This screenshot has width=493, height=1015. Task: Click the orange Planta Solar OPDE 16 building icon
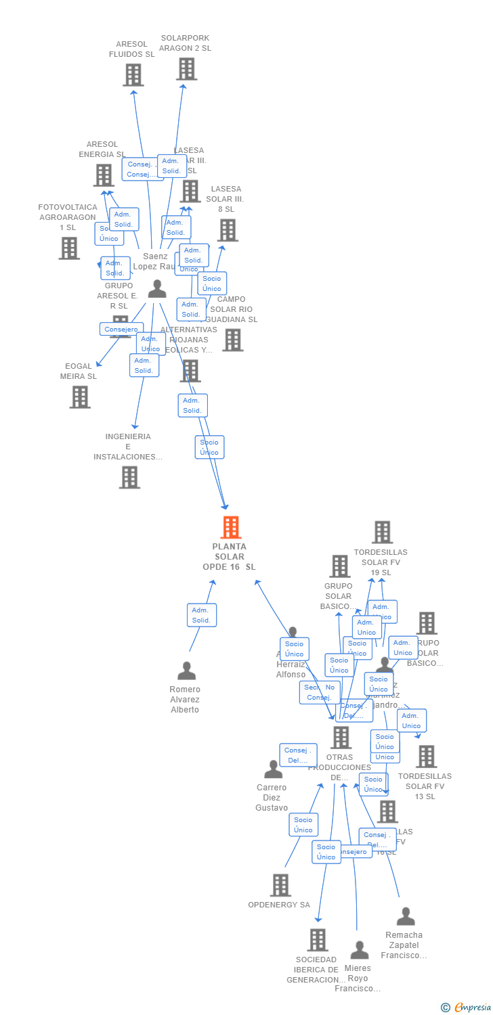[231, 527]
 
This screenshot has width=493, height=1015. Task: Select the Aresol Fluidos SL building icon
[133, 74]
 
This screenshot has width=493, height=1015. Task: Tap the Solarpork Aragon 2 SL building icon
[186, 68]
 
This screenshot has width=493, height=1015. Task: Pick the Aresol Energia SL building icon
[104, 175]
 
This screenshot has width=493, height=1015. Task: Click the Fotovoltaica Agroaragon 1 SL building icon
[69, 248]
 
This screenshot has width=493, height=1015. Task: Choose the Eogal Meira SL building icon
[80, 397]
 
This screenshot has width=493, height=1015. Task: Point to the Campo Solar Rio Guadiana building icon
[232, 340]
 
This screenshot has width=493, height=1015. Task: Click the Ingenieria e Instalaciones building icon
[129, 477]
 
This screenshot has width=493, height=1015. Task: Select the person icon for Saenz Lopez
[157, 289]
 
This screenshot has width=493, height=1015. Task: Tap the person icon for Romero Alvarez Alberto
[186, 671]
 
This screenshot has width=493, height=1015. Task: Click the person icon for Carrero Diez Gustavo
[273, 769]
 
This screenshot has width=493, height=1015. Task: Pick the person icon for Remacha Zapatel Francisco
[406, 916]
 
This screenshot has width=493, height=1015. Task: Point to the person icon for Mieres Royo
[360, 950]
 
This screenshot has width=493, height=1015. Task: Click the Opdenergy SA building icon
[280, 885]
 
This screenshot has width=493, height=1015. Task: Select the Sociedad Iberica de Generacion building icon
[318, 940]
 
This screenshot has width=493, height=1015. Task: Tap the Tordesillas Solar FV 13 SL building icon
[426, 757]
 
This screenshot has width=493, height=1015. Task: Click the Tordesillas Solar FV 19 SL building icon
[383, 533]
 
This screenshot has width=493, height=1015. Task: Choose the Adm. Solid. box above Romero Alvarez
[201, 615]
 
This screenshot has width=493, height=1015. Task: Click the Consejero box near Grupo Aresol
[121, 330]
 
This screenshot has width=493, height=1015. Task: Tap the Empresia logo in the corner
[468, 1008]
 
